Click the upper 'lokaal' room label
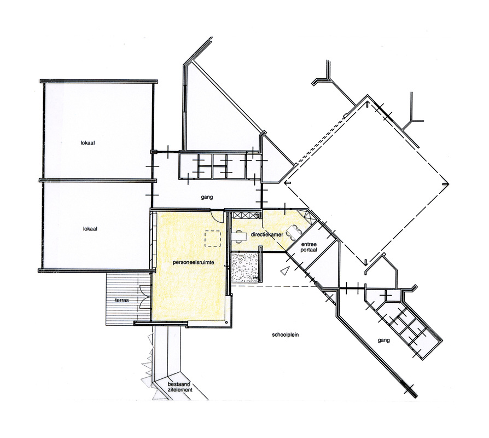point(88,143)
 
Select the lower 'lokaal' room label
point(90,228)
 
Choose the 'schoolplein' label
point(286,335)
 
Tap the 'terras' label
point(122,300)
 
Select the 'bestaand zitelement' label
point(180,387)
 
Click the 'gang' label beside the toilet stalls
point(207,197)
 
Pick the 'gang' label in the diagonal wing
point(383,341)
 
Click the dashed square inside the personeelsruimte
point(213,239)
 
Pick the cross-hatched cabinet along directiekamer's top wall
point(246,215)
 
